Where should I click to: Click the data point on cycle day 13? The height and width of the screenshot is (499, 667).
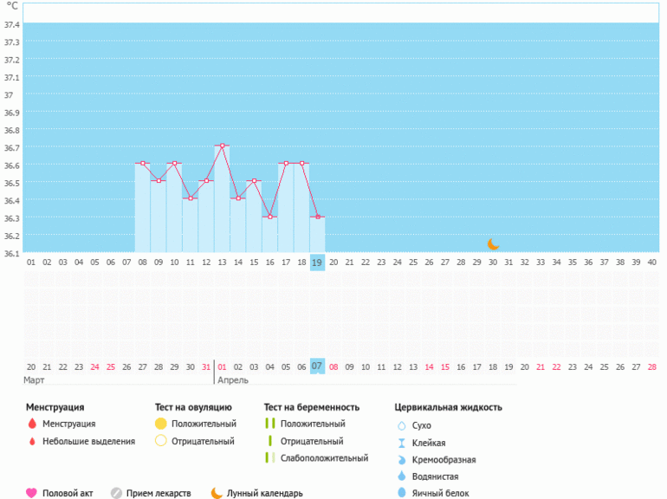pos(223,146)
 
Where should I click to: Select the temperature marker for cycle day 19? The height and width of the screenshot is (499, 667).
pos(318,217)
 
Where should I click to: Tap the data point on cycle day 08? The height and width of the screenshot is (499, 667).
pos(143,163)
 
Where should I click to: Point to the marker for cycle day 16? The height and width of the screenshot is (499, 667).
pos(270,217)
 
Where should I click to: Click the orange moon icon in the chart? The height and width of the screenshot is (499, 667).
pos(494,244)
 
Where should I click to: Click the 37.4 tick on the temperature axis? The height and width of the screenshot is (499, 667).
pos(11,23)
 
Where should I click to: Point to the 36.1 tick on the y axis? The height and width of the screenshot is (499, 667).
pos(11,253)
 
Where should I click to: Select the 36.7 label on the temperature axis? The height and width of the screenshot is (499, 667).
pos(11,147)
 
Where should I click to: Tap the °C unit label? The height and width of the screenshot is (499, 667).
pos(12,6)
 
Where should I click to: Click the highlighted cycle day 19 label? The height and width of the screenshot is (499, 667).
pos(318,262)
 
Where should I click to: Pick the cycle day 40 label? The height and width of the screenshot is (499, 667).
pos(651,262)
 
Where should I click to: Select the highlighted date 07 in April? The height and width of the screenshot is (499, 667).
pos(318,366)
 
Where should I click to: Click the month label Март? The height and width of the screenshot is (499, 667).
pos(35,380)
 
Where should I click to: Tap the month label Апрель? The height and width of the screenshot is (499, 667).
pos(234,380)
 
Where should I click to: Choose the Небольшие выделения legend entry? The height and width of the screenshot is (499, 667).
pos(89,441)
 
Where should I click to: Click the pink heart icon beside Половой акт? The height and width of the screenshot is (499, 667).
pos(31,493)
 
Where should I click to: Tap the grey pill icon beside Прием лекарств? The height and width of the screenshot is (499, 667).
pos(116,493)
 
